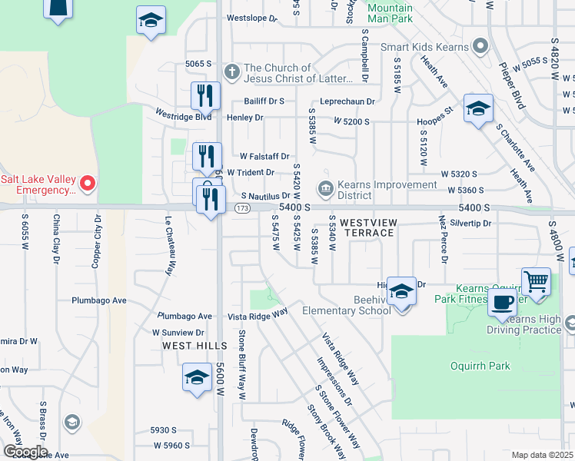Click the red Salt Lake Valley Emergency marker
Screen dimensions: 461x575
(88, 183)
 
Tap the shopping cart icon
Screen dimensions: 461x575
(536, 281)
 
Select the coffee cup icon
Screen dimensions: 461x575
(503, 301)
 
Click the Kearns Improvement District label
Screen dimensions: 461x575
(389, 190)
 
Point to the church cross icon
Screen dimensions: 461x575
(231, 73)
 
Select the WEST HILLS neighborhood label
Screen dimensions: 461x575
(187, 346)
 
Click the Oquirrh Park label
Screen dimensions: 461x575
(480, 366)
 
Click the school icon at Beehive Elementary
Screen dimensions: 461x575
(401, 291)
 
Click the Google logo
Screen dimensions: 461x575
(25, 452)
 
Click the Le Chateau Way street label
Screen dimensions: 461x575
(168, 245)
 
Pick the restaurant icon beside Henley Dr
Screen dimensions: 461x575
(205, 96)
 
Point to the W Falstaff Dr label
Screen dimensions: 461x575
(264, 156)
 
